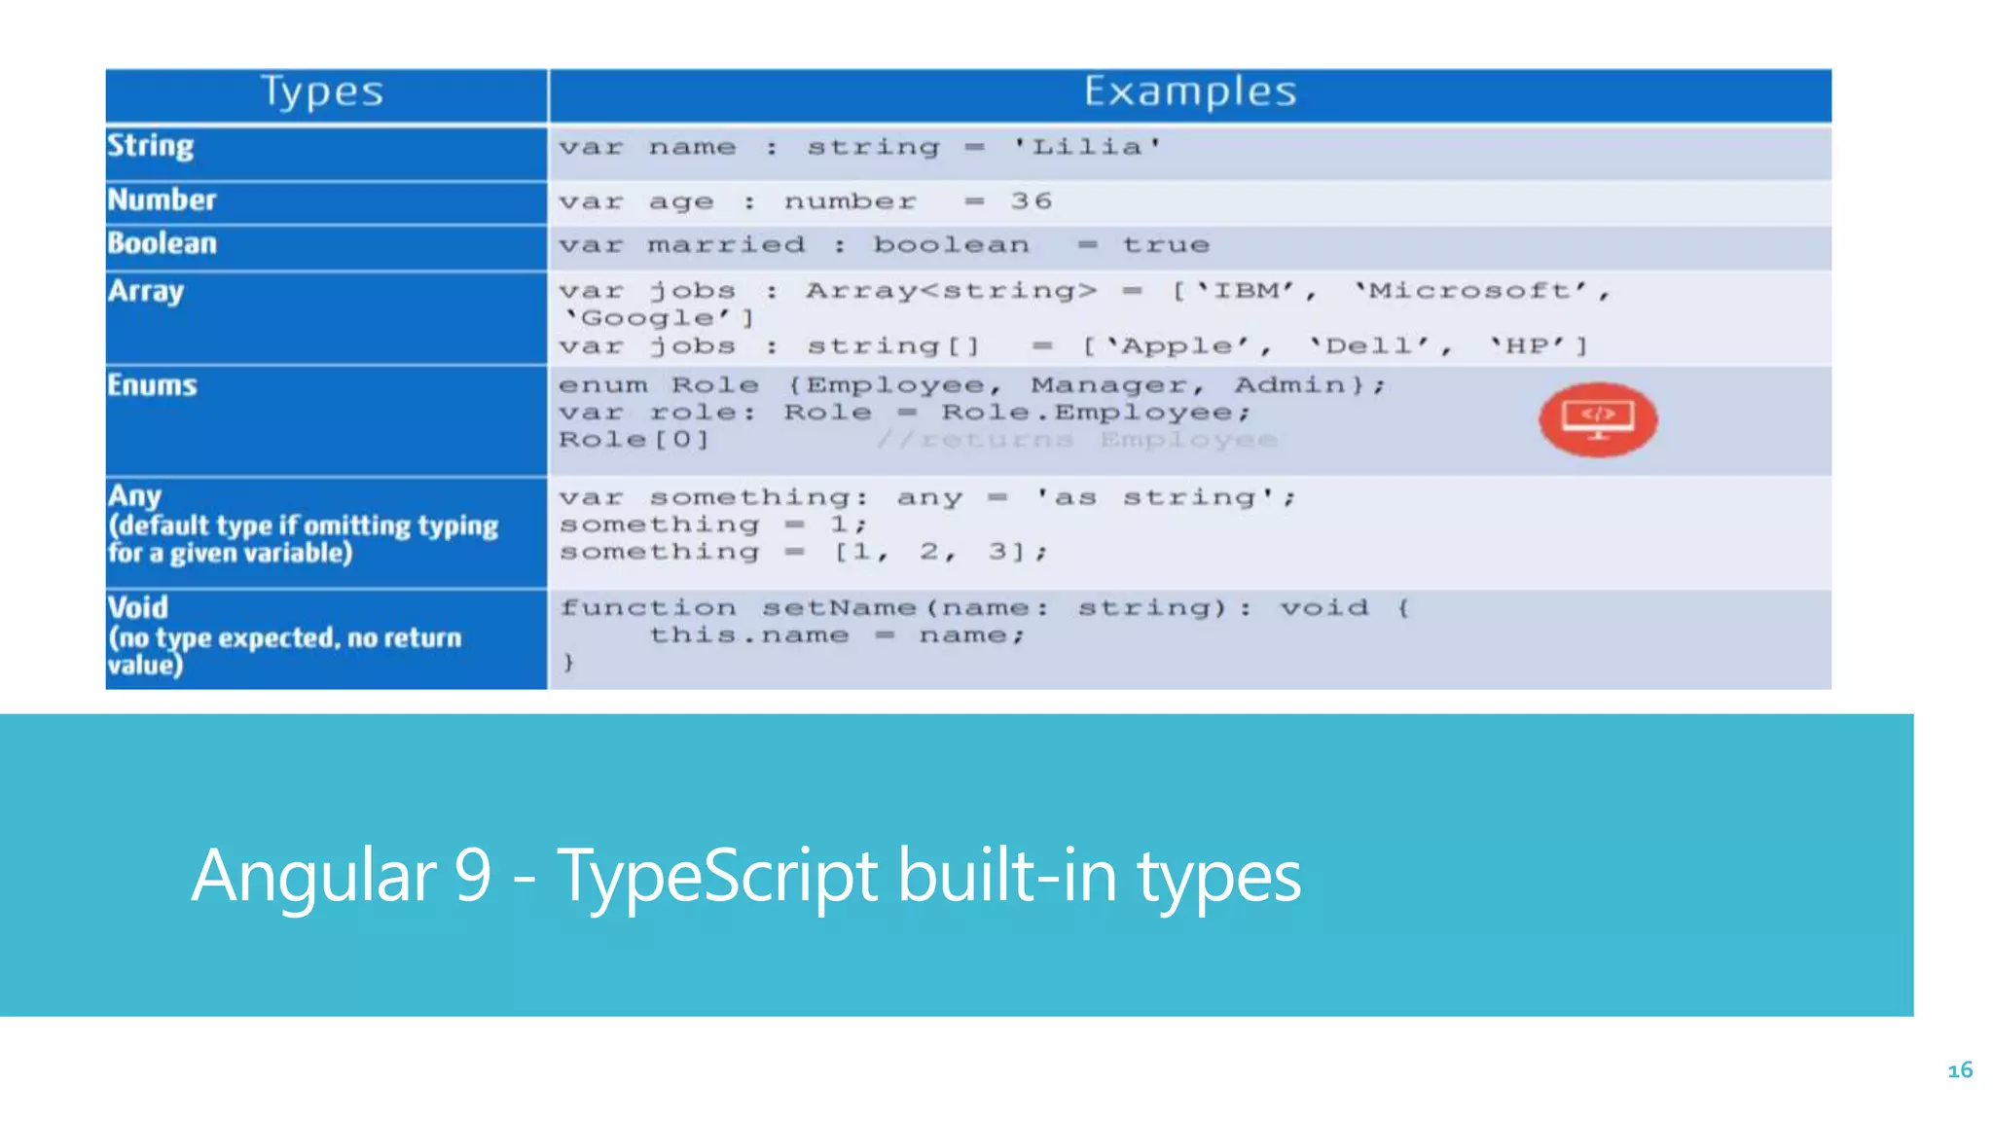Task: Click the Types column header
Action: click(322, 92)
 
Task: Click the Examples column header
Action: click(1189, 92)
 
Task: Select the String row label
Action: click(151, 146)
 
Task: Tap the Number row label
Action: click(162, 199)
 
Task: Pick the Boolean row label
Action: click(163, 243)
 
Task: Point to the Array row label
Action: click(146, 291)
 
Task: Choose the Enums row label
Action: click(153, 385)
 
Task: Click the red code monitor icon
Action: click(1597, 419)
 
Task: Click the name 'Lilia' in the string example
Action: click(1087, 148)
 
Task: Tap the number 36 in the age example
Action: click(1032, 201)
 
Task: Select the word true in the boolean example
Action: click(1166, 245)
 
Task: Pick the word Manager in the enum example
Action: click(1109, 385)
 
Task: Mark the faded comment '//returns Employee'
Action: click(1076, 440)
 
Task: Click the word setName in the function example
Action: click(839, 608)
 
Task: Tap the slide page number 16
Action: click(1960, 1070)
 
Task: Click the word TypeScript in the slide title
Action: click(718, 876)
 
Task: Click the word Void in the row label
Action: click(138, 608)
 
